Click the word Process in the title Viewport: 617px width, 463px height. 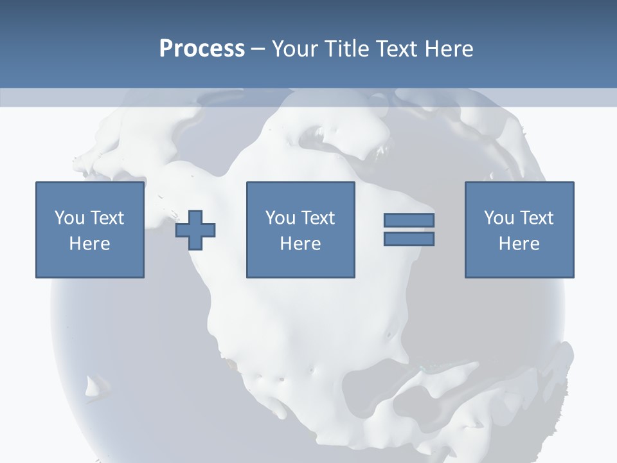[x=202, y=49]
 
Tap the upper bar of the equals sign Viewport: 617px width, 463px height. [x=409, y=220]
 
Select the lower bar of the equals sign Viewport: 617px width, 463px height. [x=409, y=239]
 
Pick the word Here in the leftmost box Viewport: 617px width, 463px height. [x=89, y=244]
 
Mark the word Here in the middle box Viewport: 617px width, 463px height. [x=300, y=244]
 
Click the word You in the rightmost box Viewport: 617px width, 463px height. [x=499, y=218]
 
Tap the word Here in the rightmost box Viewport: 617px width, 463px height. [x=519, y=244]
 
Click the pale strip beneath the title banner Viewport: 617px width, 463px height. [x=308, y=97]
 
